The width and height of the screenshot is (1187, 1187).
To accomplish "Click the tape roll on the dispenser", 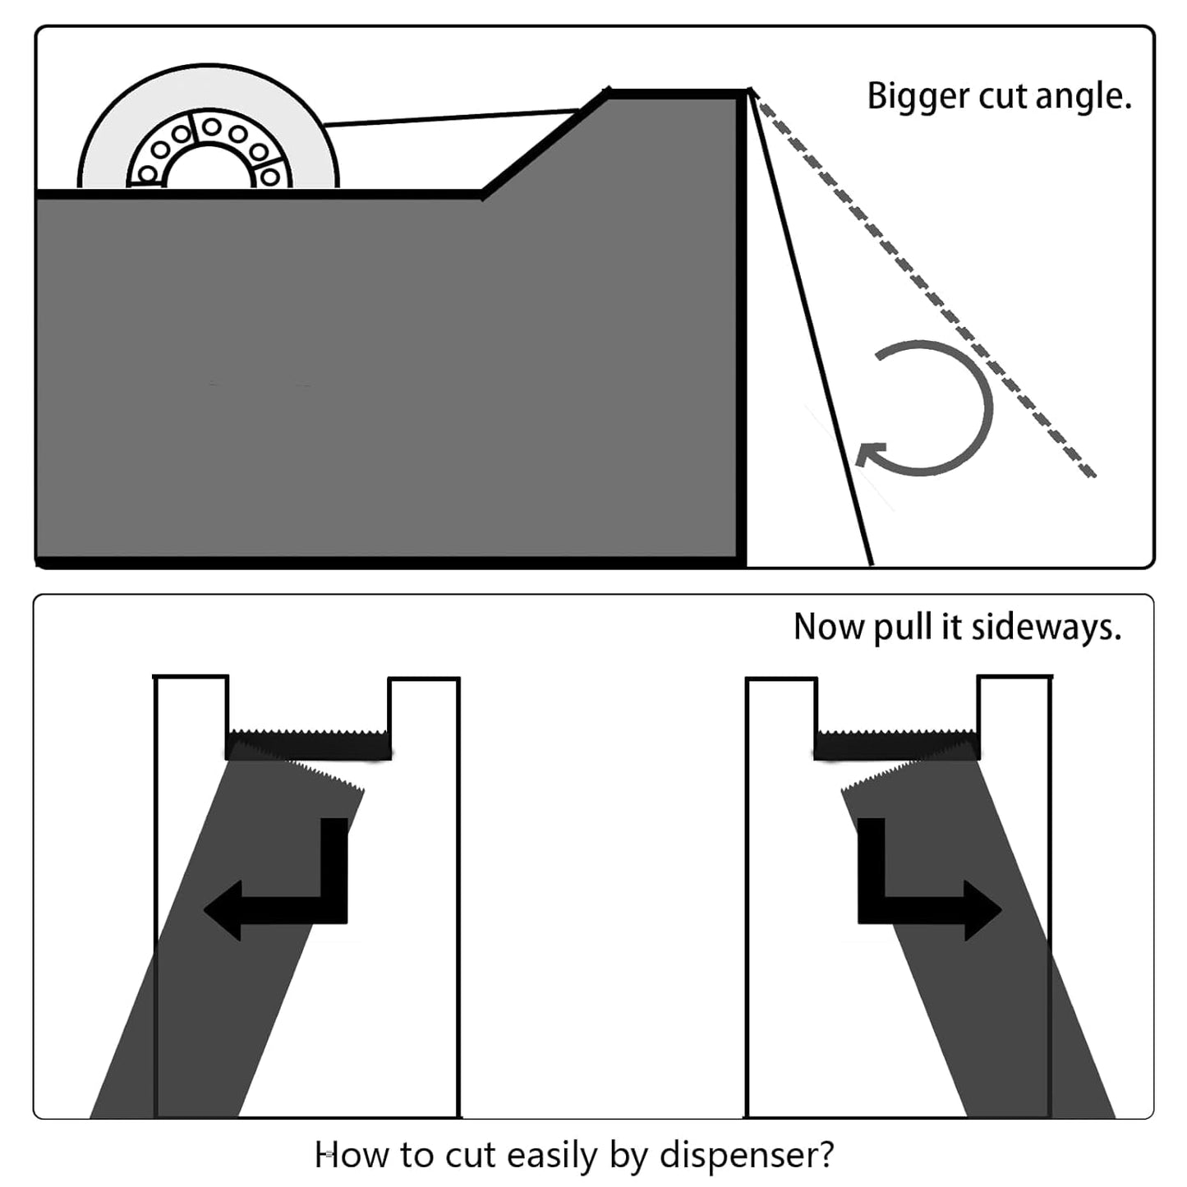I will point(208,128).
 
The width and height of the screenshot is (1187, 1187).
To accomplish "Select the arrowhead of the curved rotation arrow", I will point(871,454).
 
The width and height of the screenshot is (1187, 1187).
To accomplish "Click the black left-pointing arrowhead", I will point(223,910).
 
